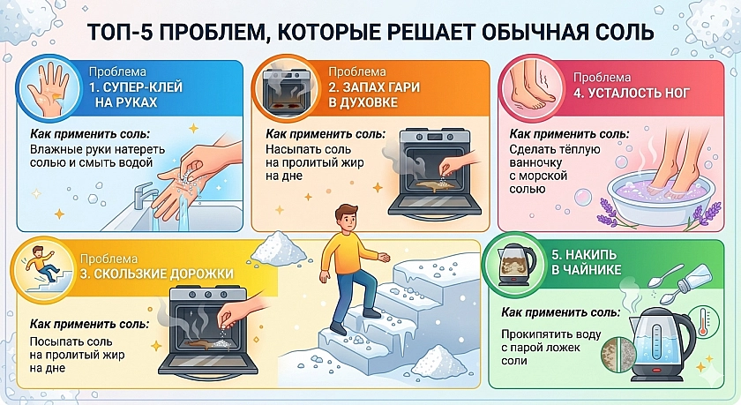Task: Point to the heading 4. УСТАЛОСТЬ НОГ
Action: click(x=632, y=92)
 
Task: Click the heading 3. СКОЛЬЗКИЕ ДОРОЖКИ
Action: click(x=157, y=274)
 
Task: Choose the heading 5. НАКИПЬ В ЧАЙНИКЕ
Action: click(x=586, y=262)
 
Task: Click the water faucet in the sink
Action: click(x=144, y=195)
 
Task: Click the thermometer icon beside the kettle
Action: click(x=703, y=321)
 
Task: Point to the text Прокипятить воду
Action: click(x=551, y=334)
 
